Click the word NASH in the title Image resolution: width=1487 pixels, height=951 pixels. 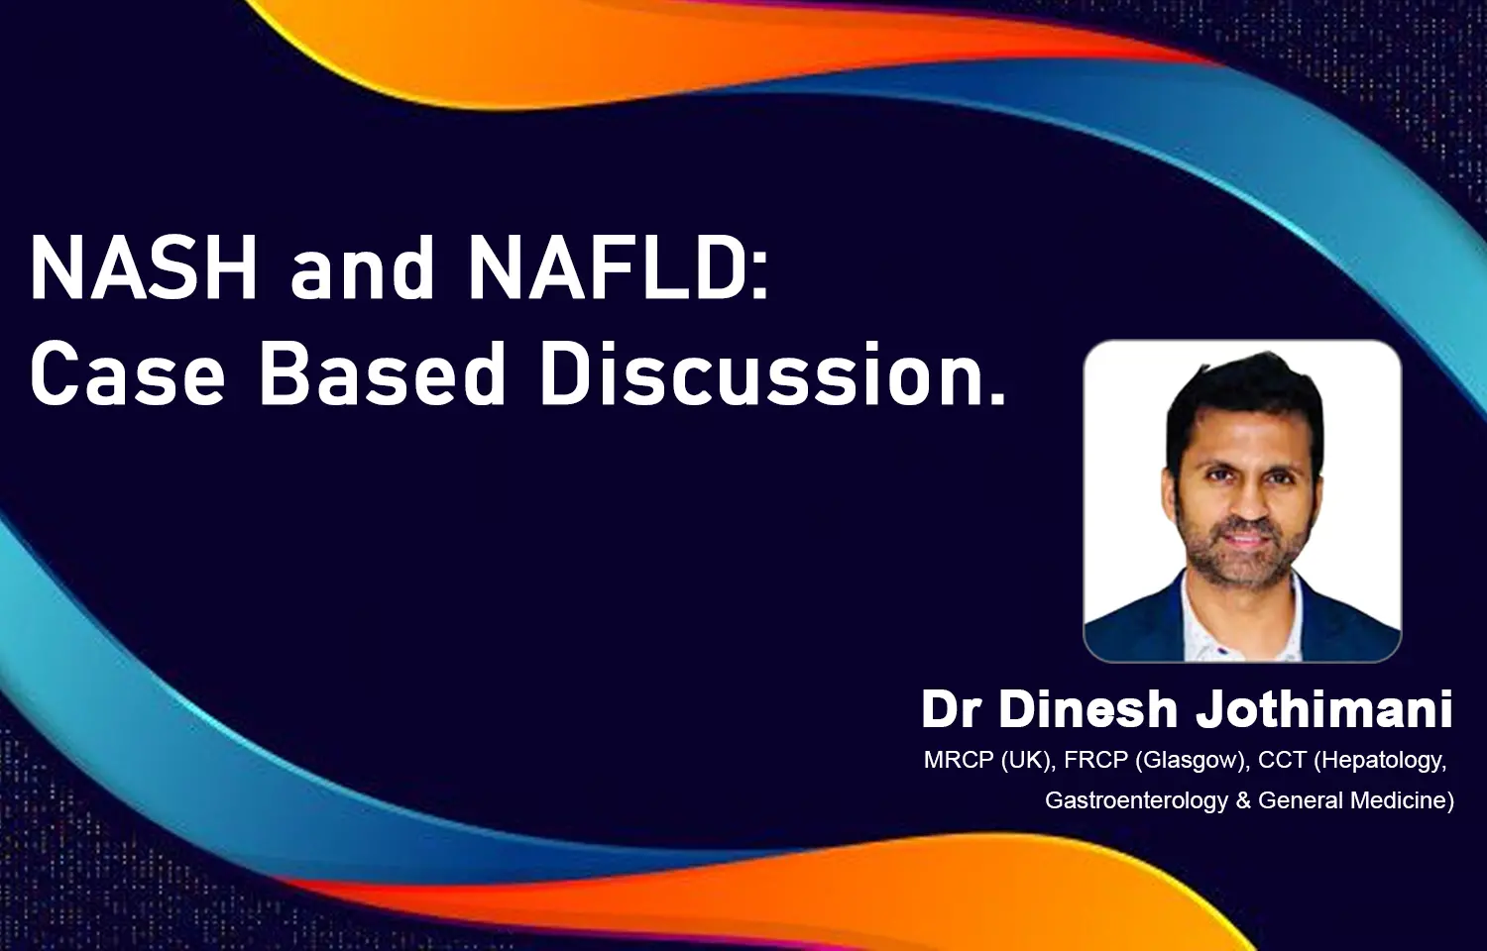coord(144,267)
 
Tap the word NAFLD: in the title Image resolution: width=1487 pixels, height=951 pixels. coord(618,267)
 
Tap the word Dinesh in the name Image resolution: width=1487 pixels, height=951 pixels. coord(1088,709)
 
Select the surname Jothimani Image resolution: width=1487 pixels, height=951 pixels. coord(1323,709)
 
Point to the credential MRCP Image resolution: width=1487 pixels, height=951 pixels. coord(959,760)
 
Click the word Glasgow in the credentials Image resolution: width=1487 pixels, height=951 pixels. coord(1191,761)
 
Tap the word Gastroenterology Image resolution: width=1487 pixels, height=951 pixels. coord(1136,800)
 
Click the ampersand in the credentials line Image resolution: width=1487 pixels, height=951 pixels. coord(1243,800)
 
